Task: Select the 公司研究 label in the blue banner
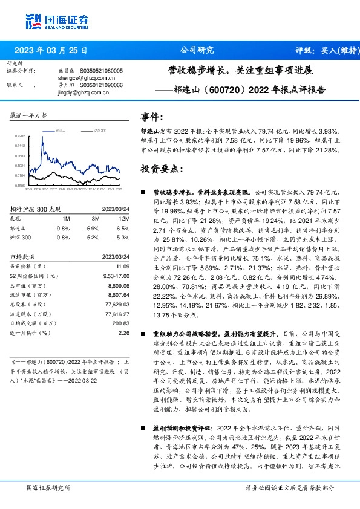tap(197, 51)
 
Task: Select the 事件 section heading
tap(152, 117)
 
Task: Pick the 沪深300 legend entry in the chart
tap(100, 131)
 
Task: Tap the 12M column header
tap(125, 218)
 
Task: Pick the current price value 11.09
tap(123, 266)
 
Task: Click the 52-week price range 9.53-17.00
tap(115, 276)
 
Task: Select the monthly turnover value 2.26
tap(125, 332)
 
